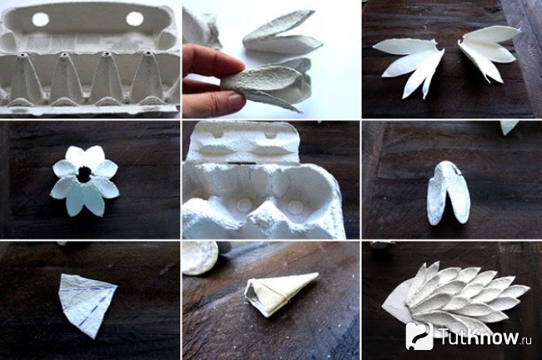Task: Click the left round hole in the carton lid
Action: tap(41, 19)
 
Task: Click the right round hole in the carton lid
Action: tap(134, 19)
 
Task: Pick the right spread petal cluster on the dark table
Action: tap(488, 52)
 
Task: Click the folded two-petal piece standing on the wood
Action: tap(449, 193)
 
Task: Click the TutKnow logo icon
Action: tap(419, 336)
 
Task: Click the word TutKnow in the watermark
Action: tap(479, 334)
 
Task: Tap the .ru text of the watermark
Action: tap(526, 339)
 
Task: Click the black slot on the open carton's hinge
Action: tap(242, 162)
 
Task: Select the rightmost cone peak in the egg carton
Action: tap(148, 74)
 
